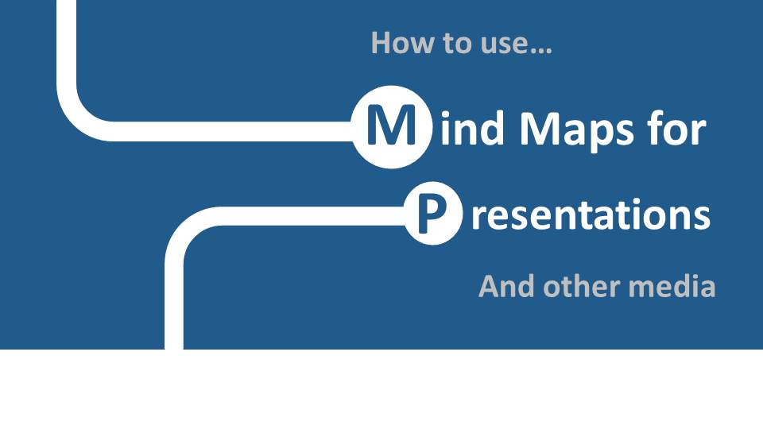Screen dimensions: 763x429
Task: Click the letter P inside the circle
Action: click(x=432, y=214)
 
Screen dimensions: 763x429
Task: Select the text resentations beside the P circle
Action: click(x=591, y=215)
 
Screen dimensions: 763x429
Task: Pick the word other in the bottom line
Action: click(x=582, y=287)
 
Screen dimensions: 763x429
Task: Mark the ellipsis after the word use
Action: click(x=541, y=51)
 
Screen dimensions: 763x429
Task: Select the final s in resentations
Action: click(x=701, y=218)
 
